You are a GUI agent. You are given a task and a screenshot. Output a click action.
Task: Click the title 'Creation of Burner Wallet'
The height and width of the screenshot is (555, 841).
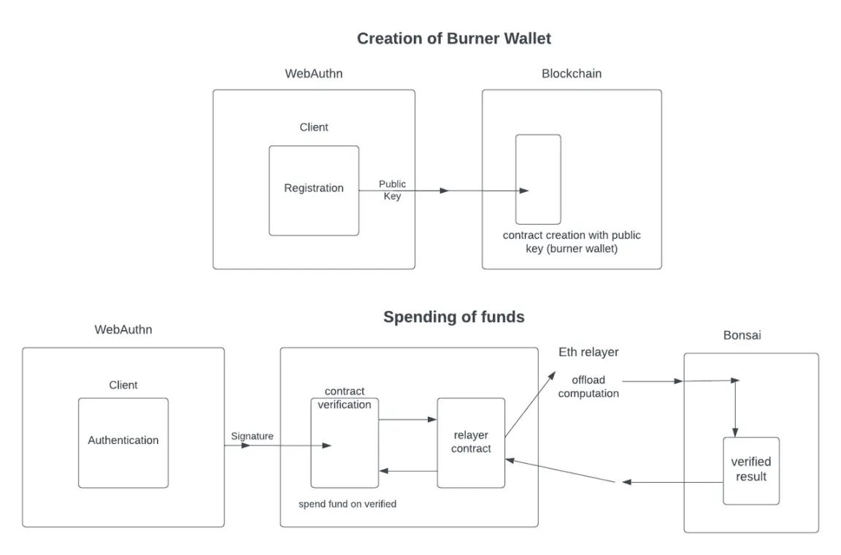click(x=453, y=39)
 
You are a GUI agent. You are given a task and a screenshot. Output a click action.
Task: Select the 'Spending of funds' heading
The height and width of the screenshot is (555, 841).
click(x=453, y=317)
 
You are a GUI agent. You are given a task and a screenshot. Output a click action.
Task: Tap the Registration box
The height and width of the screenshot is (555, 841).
click(x=314, y=190)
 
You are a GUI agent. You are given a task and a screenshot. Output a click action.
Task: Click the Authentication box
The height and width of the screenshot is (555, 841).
click(x=123, y=442)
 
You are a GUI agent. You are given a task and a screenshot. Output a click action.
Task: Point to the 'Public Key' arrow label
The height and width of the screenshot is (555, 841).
click(x=392, y=190)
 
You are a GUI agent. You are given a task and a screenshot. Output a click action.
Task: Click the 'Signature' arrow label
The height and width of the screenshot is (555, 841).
click(x=252, y=436)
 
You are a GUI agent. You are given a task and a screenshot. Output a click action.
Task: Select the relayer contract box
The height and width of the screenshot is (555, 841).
click(x=471, y=443)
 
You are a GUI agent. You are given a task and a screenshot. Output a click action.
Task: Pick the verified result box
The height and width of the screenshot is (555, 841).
click(x=751, y=470)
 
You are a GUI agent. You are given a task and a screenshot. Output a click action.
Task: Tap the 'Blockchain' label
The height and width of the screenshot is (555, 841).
click(x=572, y=74)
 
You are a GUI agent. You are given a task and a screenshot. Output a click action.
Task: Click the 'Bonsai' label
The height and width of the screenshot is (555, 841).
click(x=742, y=336)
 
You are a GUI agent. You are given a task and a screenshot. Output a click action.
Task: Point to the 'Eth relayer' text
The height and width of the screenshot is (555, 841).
click(x=588, y=352)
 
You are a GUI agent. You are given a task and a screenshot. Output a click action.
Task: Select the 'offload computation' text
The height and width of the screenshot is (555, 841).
click(x=588, y=387)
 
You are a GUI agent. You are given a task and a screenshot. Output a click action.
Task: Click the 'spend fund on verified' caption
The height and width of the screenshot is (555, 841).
click(x=347, y=504)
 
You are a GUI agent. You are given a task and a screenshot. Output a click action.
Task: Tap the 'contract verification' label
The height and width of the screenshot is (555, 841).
click(x=344, y=398)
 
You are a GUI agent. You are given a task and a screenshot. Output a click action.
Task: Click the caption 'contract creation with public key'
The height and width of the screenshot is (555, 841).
click(x=572, y=242)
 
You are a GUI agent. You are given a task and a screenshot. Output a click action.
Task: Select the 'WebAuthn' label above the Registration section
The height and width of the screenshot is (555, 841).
click(x=313, y=74)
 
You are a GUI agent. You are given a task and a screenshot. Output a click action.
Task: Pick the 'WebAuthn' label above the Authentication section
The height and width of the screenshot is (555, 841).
click(x=123, y=329)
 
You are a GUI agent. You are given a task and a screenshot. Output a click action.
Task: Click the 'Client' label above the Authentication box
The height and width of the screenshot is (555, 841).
click(x=123, y=385)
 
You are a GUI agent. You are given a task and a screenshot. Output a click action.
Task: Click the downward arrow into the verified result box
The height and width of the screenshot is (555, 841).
click(x=734, y=409)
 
